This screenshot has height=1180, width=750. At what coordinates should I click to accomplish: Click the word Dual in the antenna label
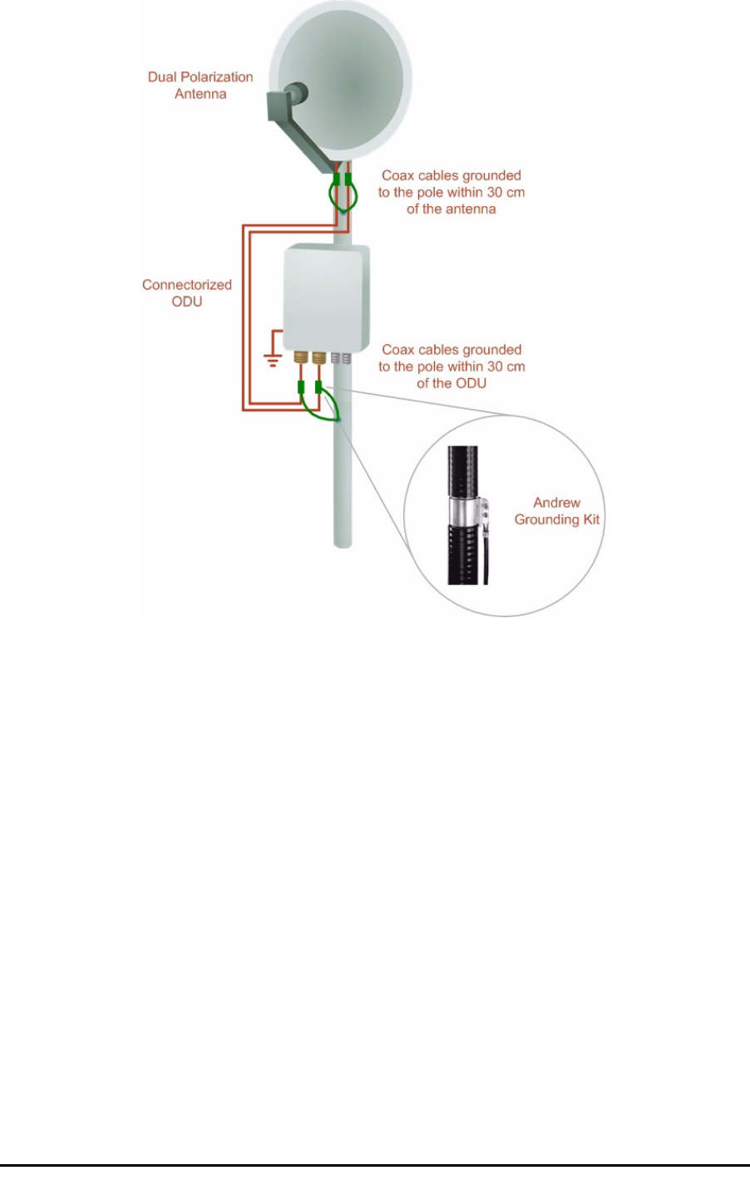(163, 77)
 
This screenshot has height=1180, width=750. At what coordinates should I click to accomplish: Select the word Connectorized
(187, 285)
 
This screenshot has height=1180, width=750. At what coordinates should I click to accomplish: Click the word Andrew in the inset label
(556, 503)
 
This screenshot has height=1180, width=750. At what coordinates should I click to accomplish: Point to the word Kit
(590, 520)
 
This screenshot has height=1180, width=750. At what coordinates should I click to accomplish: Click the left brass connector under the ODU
(302, 359)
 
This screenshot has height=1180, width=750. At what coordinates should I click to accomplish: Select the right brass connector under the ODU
(318, 359)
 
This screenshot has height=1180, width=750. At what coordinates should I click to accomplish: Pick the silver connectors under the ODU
(341, 359)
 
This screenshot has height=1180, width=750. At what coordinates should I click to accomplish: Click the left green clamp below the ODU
(301, 386)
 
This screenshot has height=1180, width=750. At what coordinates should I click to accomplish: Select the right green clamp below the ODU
(318, 386)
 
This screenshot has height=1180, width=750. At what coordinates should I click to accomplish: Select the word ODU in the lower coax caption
(471, 384)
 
